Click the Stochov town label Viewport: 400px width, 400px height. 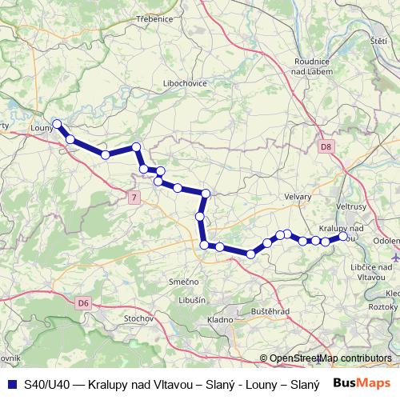coord(138,318)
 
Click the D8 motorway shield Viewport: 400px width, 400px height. coord(326,147)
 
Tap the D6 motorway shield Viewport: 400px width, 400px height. coord(84,302)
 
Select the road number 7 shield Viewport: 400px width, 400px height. coord(134,197)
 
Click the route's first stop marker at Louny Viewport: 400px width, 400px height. coord(57,123)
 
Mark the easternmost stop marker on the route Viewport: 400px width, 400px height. coord(344,237)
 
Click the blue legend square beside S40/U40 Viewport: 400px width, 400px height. coord(11,384)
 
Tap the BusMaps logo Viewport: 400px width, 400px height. coord(360,383)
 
